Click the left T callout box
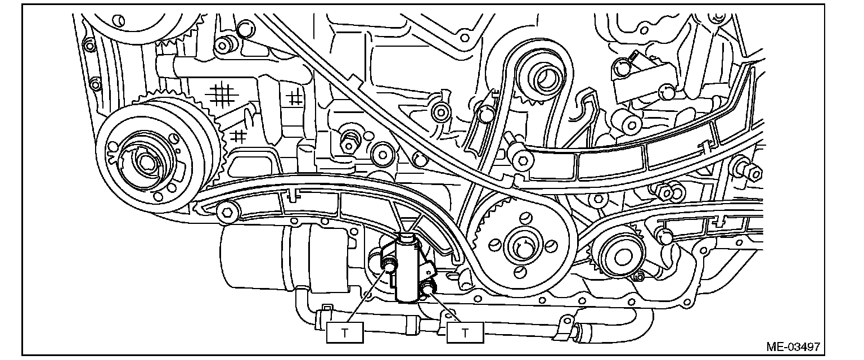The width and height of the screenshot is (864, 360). click(345, 332)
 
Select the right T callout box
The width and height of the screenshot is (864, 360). click(465, 332)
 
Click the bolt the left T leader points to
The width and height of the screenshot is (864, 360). click(388, 263)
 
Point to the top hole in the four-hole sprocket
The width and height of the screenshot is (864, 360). click(524, 218)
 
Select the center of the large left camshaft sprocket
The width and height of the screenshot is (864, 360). click(145, 161)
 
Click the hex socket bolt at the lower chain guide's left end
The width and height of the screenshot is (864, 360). click(227, 212)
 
